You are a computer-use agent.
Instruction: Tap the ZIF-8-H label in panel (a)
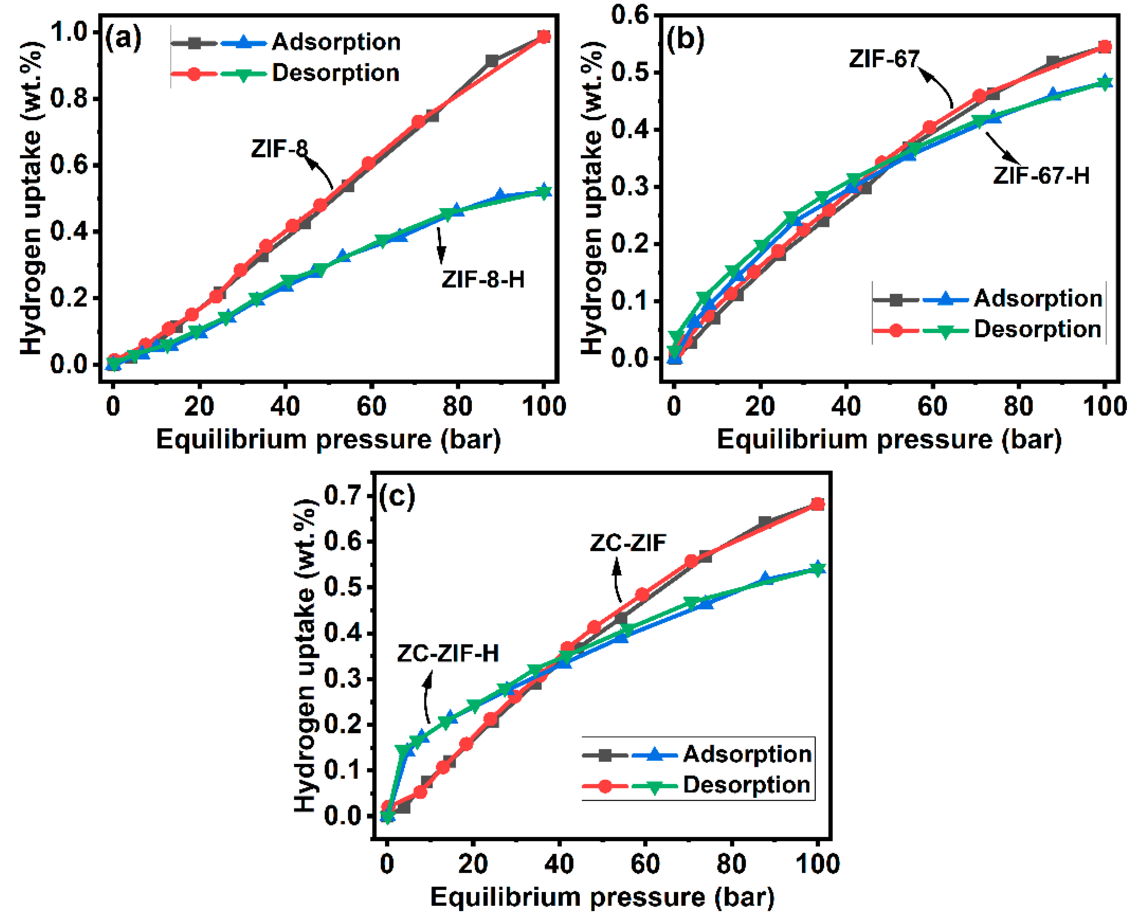pyautogui.click(x=482, y=279)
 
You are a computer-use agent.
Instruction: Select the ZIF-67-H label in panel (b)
pyautogui.click(x=1041, y=176)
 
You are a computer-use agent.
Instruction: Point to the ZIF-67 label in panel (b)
pyautogui.click(x=883, y=59)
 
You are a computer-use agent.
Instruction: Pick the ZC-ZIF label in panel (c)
pyautogui.click(x=628, y=543)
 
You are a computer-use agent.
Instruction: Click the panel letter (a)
pyautogui.click(x=123, y=38)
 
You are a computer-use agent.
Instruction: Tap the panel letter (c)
pyautogui.click(x=397, y=496)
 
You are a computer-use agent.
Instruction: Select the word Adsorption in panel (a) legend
pyautogui.click(x=336, y=42)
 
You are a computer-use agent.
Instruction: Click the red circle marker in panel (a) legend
pyautogui.click(x=194, y=74)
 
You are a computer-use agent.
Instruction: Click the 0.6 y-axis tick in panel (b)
pyautogui.click(x=629, y=14)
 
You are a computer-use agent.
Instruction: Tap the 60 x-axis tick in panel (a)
pyautogui.click(x=371, y=406)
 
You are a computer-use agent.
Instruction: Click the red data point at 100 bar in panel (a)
pyautogui.click(x=544, y=37)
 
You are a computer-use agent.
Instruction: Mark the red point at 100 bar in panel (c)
pyautogui.click(x=818, y=504)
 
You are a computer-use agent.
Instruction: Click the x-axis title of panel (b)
pyautogui.click(x=889, y=440)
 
